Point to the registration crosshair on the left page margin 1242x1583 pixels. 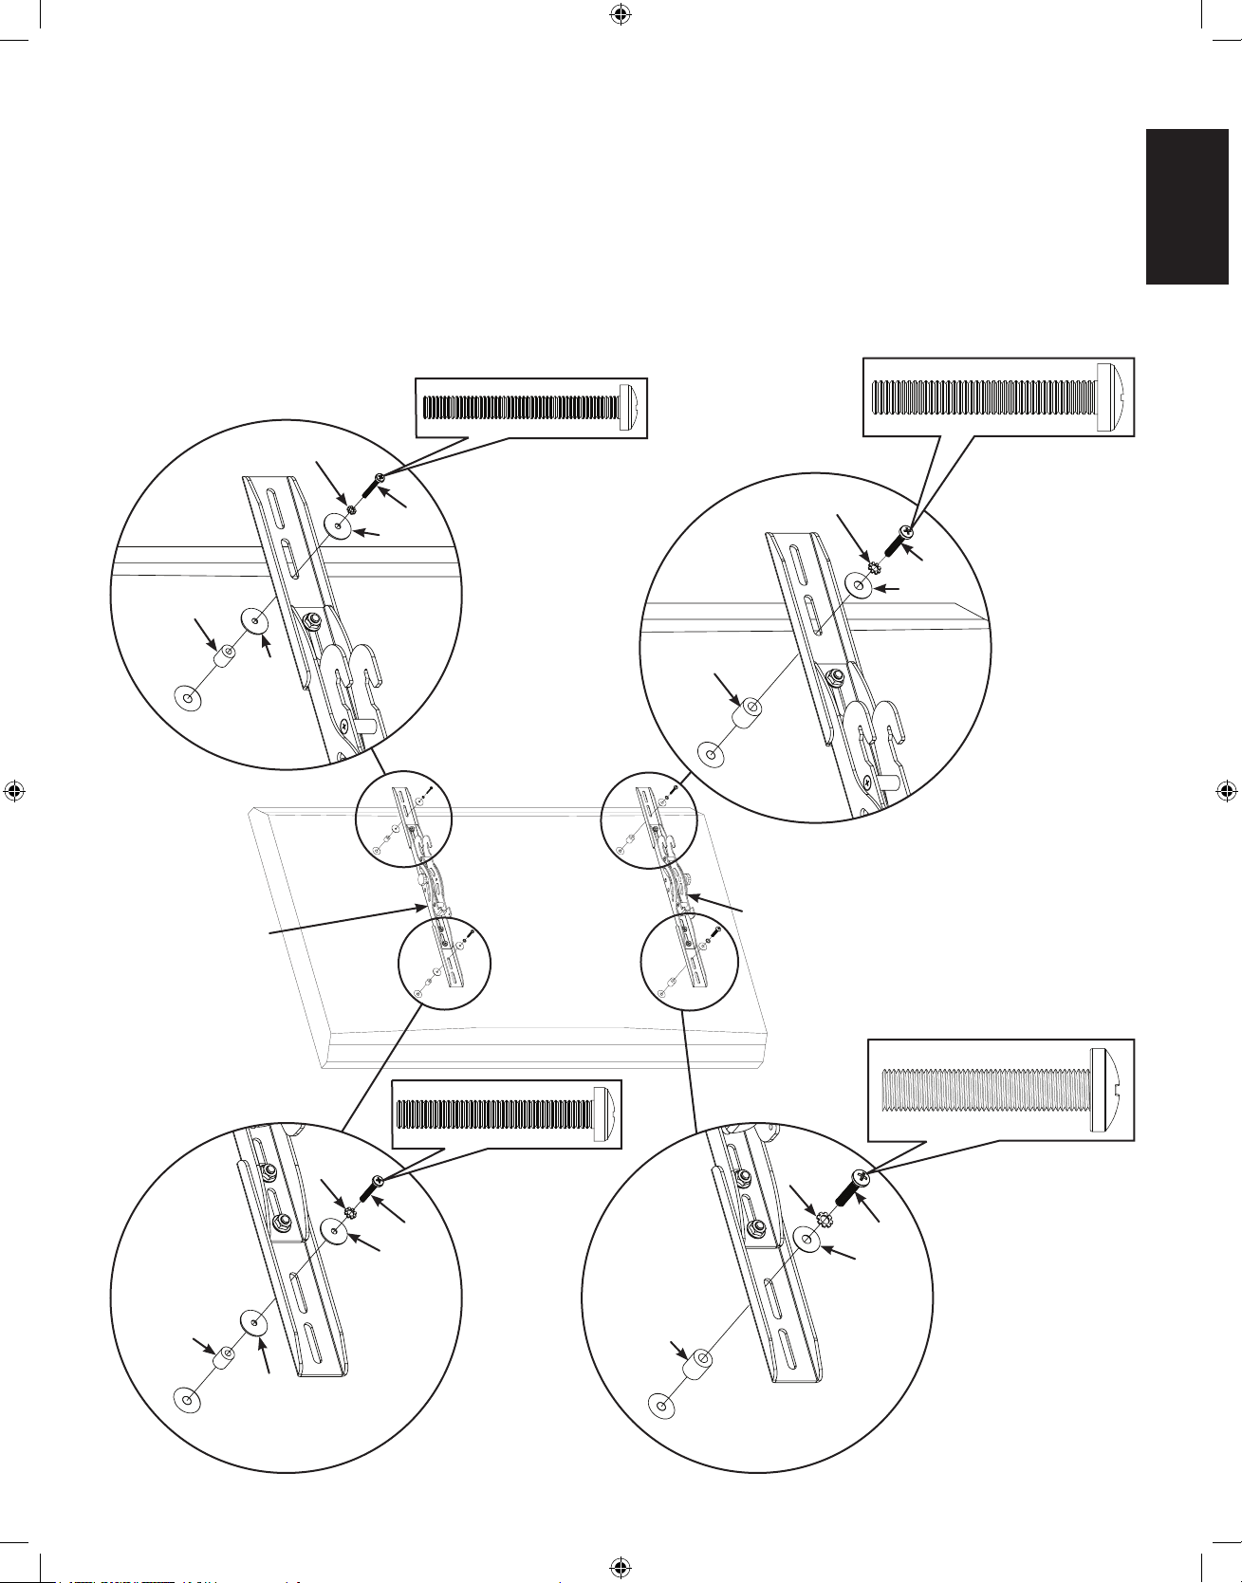pos(14,791)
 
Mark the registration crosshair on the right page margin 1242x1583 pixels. pos(1227,791)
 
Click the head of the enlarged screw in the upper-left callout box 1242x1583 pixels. pos(630,408)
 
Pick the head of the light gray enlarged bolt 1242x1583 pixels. pos(1110,1088)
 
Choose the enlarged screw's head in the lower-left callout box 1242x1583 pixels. pos(605,1114)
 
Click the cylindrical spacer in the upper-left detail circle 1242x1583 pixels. pos(227,656)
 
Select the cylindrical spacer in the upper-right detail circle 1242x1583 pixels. pos(750,712)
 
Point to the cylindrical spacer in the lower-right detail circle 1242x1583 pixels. pos(699,1367)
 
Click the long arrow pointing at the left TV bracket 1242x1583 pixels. pos(346,921)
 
